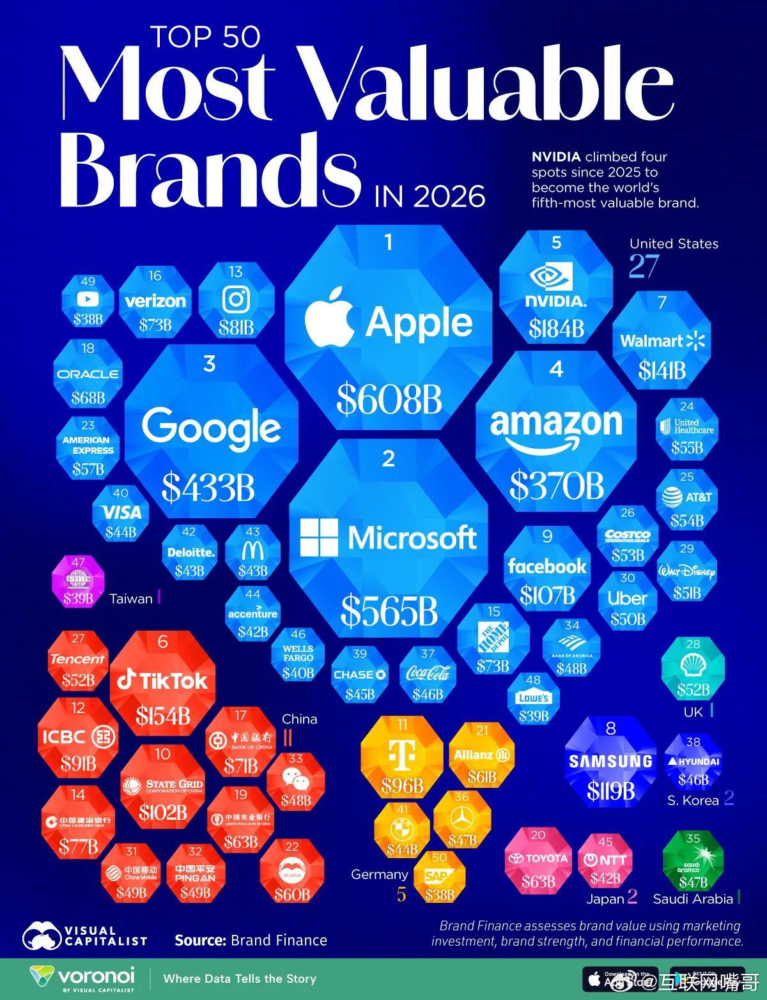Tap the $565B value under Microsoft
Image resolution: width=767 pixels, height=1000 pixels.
[389, 611]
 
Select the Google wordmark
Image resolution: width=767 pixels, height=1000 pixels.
[211, 427]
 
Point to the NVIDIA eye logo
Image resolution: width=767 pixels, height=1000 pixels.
[555, 276]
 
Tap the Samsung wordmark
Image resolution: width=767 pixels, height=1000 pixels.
[610, 761]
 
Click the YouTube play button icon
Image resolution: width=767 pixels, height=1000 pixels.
[88, 299]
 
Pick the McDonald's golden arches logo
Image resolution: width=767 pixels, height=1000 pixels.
[252, 550]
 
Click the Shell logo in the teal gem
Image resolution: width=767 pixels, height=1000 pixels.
[693, 665]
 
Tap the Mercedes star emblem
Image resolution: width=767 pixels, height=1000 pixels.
[461, 818]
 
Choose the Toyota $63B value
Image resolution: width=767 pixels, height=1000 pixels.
[538, 882]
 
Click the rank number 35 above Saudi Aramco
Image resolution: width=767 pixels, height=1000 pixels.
[693, 838]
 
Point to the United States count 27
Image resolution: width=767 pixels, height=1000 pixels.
[644, 266]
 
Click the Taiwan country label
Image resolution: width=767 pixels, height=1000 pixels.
[130, 599]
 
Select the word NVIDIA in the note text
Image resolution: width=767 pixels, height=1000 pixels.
[556, 157]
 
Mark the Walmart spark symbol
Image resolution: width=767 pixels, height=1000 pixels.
[695, 341]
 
